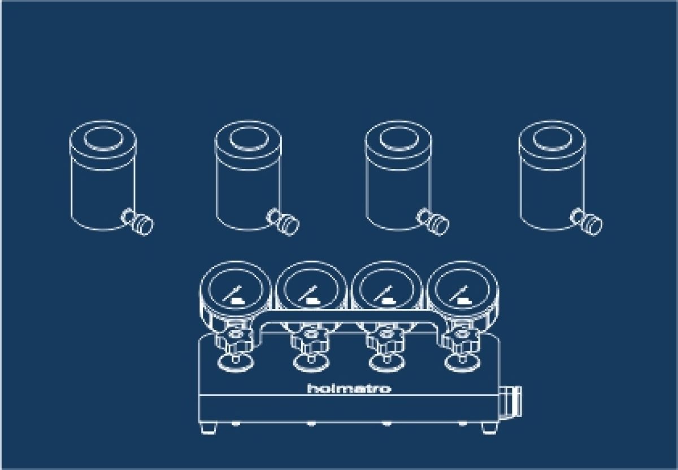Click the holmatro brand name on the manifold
point(349,388)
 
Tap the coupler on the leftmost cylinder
point(138,221)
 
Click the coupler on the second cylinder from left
point(283,221)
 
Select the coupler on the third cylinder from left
point(433,221)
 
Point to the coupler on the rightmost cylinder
point(586,221)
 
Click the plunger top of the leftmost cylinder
point(104,138)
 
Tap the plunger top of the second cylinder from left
point(249,138)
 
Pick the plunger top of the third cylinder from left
point(399,138)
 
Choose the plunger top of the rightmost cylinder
point(553,138)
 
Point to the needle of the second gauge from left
point(308,293)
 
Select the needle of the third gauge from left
point(383,293)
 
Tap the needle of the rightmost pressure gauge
point(459,293)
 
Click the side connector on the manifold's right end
point(511,401)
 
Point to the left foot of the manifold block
point(209,428)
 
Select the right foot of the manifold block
point(489,428)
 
